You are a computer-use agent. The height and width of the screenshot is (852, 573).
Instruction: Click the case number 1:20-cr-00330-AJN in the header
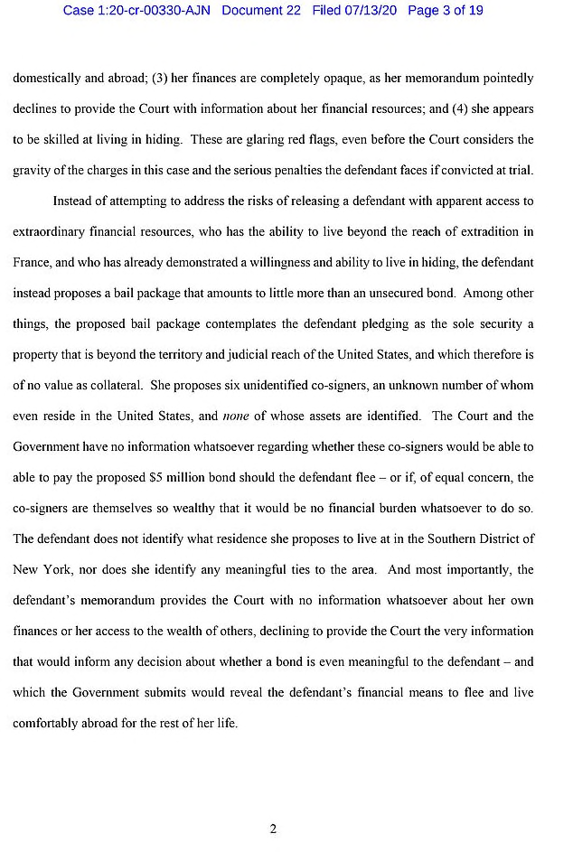pyautogui.click(x=138, y=11)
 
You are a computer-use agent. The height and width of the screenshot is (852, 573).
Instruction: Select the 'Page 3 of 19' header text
pyautogui.click(x=446, y=11)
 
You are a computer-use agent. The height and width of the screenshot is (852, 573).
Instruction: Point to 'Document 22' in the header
pyautogui.click(x=260, y=11)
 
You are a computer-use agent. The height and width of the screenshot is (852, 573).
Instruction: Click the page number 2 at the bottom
pyautogui.click(x=272, y=830)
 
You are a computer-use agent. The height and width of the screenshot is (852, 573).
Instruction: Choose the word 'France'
pyautogui.click(x=31, y=263)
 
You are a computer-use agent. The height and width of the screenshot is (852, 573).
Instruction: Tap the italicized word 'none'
pyautogui.click(x=235, y=417)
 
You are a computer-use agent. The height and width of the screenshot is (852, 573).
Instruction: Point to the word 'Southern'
pyautogui.click(x=427, y=539)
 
